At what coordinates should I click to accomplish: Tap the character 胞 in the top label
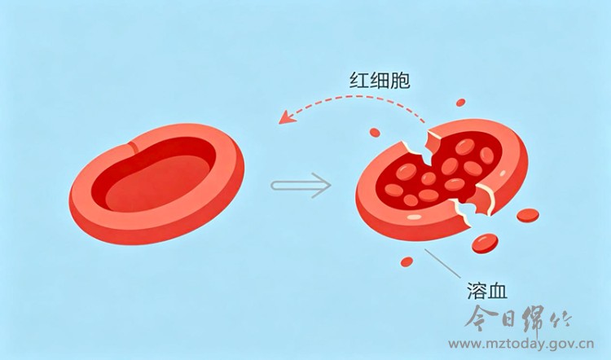pos(399,81)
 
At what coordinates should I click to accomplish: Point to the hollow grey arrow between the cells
pos(301,185)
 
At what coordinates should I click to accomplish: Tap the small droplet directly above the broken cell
pos(460,103)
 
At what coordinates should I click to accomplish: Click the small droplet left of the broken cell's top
pos(375,131)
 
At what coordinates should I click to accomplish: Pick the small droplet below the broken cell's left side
pos(407,261)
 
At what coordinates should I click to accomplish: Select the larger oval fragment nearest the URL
pos(486,241)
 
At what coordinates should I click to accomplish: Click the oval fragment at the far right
pos(529,216)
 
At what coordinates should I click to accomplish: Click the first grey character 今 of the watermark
pos(480,318)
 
